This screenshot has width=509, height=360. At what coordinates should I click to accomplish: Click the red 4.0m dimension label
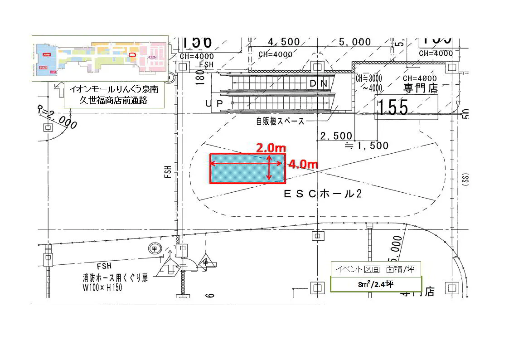click(x=303, y=164)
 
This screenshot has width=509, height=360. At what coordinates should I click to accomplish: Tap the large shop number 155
click(x=393, y=107)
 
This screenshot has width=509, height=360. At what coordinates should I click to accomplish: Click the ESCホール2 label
click(x=322, y=194)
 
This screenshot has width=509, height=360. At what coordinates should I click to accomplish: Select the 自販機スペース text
click(x=280, y=122)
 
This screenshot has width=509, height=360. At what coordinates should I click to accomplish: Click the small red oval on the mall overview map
click(x=132, y=54)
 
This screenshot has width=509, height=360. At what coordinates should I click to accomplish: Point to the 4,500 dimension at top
click(x=284, y=42)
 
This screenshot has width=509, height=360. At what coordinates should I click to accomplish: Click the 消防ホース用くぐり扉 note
click(x=115, y=278)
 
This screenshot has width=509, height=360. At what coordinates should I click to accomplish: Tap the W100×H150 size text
click(x=102, y=287)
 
